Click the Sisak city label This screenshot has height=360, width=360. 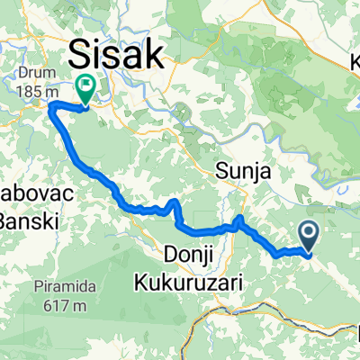tap(118, 53)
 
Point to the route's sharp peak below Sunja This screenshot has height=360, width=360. tap(239, 218)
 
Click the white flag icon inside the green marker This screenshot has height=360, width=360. tap(86, 87)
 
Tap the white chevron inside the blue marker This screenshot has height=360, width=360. tap(308, 235)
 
